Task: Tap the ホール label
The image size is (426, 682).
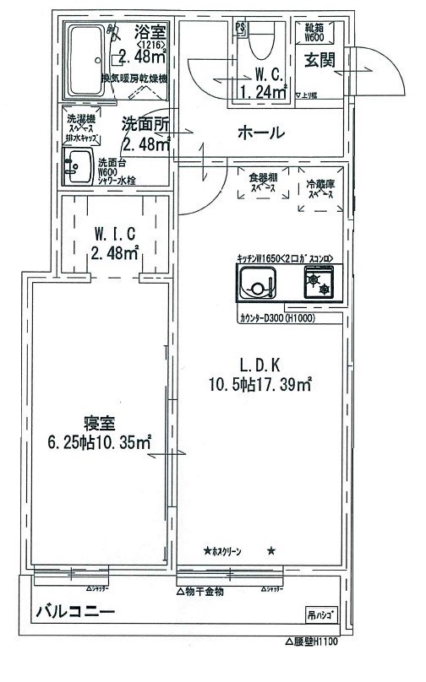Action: click(259, 133)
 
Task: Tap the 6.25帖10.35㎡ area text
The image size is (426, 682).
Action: click(99, 441)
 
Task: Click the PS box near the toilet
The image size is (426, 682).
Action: click(240, 28)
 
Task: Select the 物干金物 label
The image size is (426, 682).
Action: click(205, 591)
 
